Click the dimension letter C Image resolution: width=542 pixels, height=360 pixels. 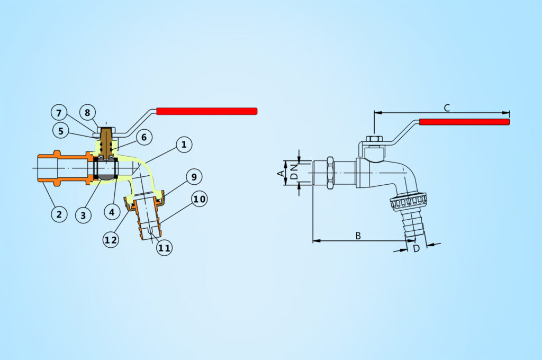447,108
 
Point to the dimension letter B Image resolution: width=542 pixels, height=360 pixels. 358,236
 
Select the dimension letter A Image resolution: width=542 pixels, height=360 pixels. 282,173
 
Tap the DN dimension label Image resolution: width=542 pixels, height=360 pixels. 294,172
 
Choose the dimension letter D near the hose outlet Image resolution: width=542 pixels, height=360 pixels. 417,249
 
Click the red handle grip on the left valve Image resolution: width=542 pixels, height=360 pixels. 207,111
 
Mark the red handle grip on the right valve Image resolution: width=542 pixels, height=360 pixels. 465,122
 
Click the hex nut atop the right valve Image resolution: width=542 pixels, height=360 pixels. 374,139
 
